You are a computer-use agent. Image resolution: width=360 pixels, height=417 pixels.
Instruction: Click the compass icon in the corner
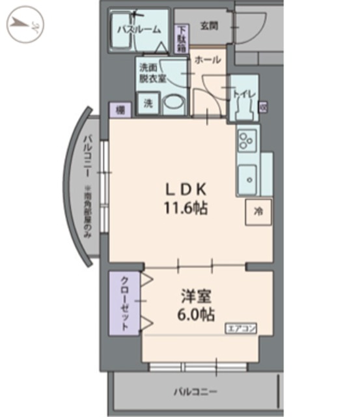24,24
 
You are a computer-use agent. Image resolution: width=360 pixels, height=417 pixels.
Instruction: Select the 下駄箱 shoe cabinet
182,38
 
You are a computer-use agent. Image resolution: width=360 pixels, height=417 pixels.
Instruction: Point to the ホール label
207,60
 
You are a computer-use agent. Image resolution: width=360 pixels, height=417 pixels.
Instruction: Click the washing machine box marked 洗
148,104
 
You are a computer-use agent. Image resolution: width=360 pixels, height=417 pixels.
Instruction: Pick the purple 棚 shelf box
120,110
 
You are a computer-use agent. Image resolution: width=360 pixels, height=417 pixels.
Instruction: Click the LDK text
185,190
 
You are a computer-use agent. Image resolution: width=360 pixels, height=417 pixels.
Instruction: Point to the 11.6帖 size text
185,210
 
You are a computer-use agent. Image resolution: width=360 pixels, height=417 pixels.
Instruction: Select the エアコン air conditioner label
241,328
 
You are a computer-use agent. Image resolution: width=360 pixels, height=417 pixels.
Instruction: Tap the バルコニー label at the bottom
195,392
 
